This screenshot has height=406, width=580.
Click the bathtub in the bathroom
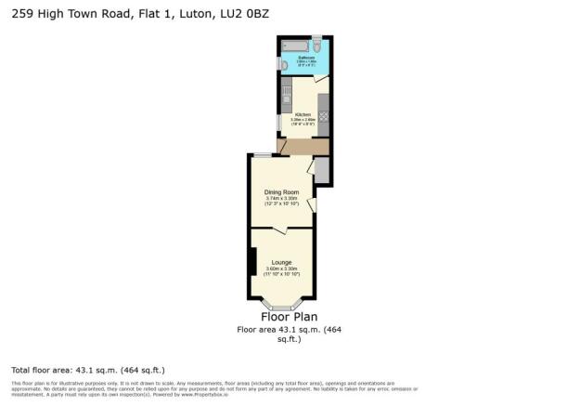pos(292,45)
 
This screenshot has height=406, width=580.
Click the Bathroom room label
pos(305,58)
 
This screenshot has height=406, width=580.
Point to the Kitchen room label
pos(303,114)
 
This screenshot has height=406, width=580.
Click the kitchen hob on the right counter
pos(322,121)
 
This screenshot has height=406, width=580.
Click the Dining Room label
pos(281,192)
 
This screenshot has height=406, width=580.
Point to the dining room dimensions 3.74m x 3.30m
pos(281,198)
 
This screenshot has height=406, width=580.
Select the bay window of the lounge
pos(282,306)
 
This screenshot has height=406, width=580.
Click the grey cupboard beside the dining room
pos(321,170)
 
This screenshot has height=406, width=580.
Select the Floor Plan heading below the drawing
pos(282,317)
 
